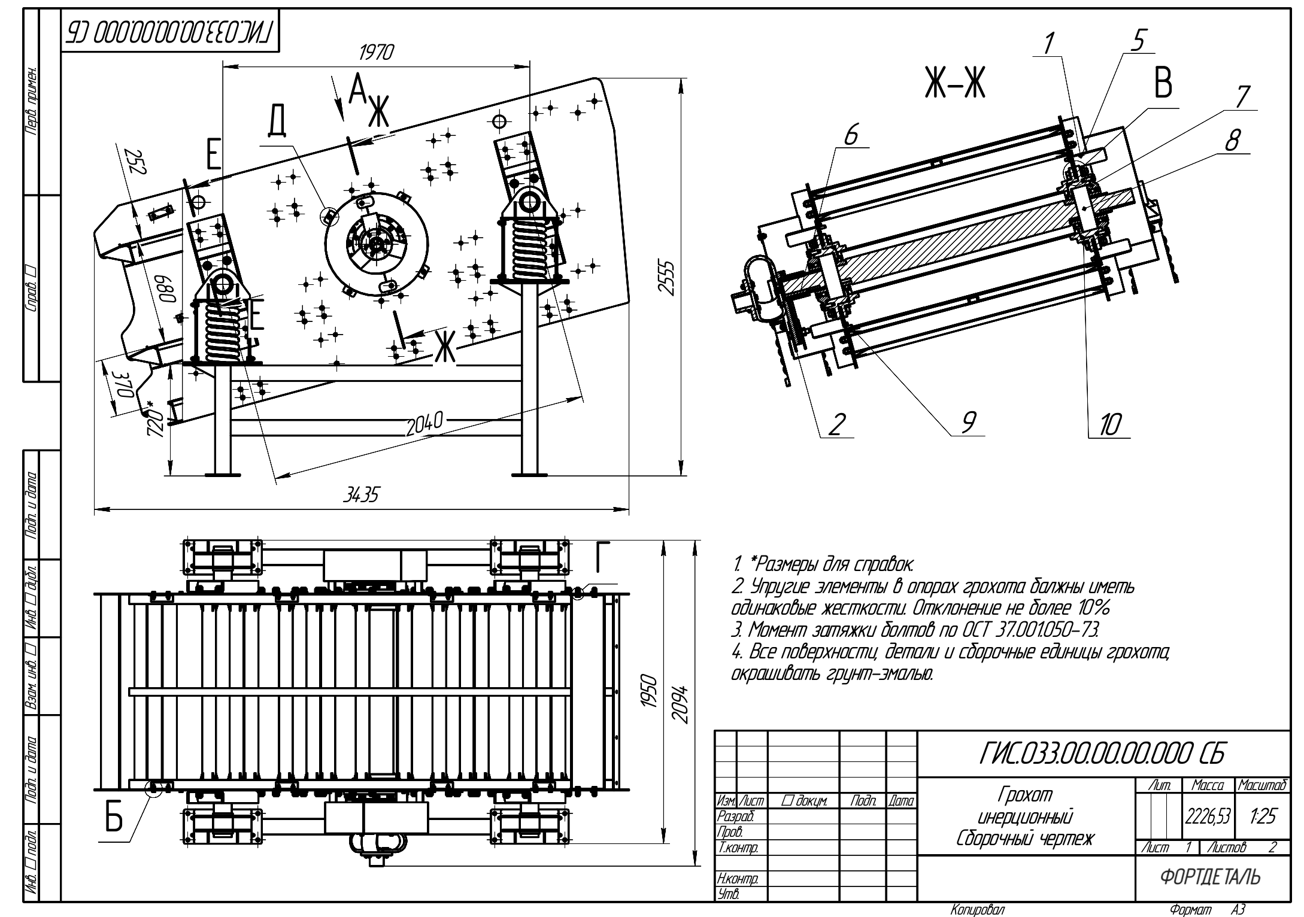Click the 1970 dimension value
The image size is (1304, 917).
376,53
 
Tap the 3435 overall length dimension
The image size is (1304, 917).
360,494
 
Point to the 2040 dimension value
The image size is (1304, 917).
424,425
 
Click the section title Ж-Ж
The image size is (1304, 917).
955,84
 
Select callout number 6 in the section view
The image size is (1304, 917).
851,135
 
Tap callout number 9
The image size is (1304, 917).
968,422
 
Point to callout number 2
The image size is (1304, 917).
837,424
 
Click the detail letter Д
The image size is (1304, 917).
276,121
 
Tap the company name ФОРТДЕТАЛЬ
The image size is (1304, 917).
1211,877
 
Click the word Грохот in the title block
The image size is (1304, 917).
1024,795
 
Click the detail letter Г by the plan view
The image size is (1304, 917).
603,557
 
